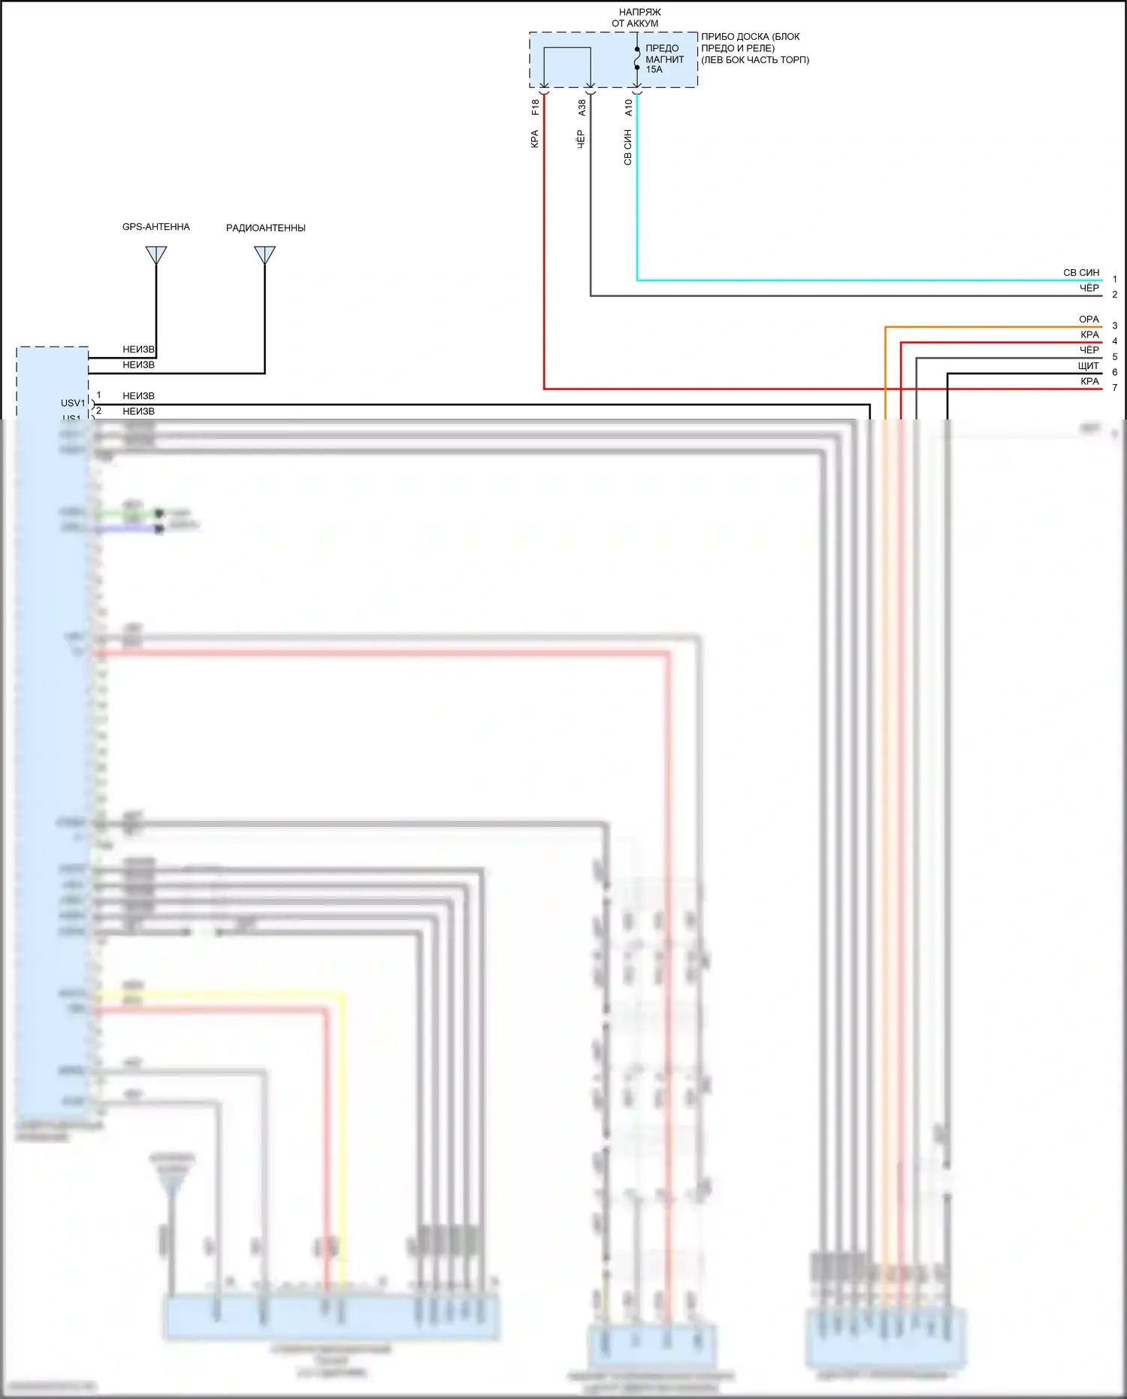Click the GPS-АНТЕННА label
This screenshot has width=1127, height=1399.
[x=156, y=227]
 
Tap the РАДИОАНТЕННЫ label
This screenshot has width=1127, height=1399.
[x=265, y=228]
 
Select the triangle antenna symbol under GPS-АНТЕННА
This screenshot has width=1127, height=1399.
[x=156, y=255]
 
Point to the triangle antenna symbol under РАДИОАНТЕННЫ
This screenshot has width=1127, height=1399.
[x=264, y=256]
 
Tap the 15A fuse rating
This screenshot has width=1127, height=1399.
[x=654, y=70]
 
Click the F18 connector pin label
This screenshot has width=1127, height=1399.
[x=535, y=107]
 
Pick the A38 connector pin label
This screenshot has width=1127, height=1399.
[x=582, y=107]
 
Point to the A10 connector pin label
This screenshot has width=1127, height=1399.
[x=628, y=107]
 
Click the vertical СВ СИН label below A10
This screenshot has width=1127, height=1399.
[x=628, y=147]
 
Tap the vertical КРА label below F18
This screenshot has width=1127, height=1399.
[x=535, y=139]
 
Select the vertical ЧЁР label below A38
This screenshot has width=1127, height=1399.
[x=582, y=139]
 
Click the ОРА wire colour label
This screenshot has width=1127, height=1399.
[x=1089, y=319]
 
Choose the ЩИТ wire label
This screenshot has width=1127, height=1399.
[x=1088, y=366]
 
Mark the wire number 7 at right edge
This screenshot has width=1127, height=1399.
[x=1114, y=388]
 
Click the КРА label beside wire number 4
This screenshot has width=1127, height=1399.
[x=1089, y=335]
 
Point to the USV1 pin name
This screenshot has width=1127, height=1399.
[x=73, y=403]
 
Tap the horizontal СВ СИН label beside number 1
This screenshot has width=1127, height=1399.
[x=1080, y=273]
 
